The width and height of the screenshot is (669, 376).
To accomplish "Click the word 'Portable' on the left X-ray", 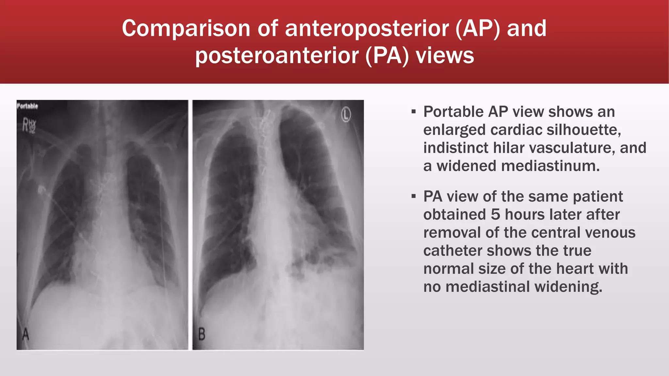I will [x=27, y=106].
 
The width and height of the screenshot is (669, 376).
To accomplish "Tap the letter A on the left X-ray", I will [x=25, y=335].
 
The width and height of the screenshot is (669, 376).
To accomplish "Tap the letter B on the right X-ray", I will [x=202, y=334].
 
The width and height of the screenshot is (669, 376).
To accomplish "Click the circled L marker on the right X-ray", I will [x=346, y=115].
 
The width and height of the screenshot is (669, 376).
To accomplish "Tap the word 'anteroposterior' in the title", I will [x=367, y=28].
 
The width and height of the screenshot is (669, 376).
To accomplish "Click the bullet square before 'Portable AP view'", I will [x=414, y=112].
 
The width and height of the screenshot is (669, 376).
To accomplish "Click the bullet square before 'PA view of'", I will [x=414, y=196].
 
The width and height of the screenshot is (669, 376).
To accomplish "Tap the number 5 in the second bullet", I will [x=496, y=214].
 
